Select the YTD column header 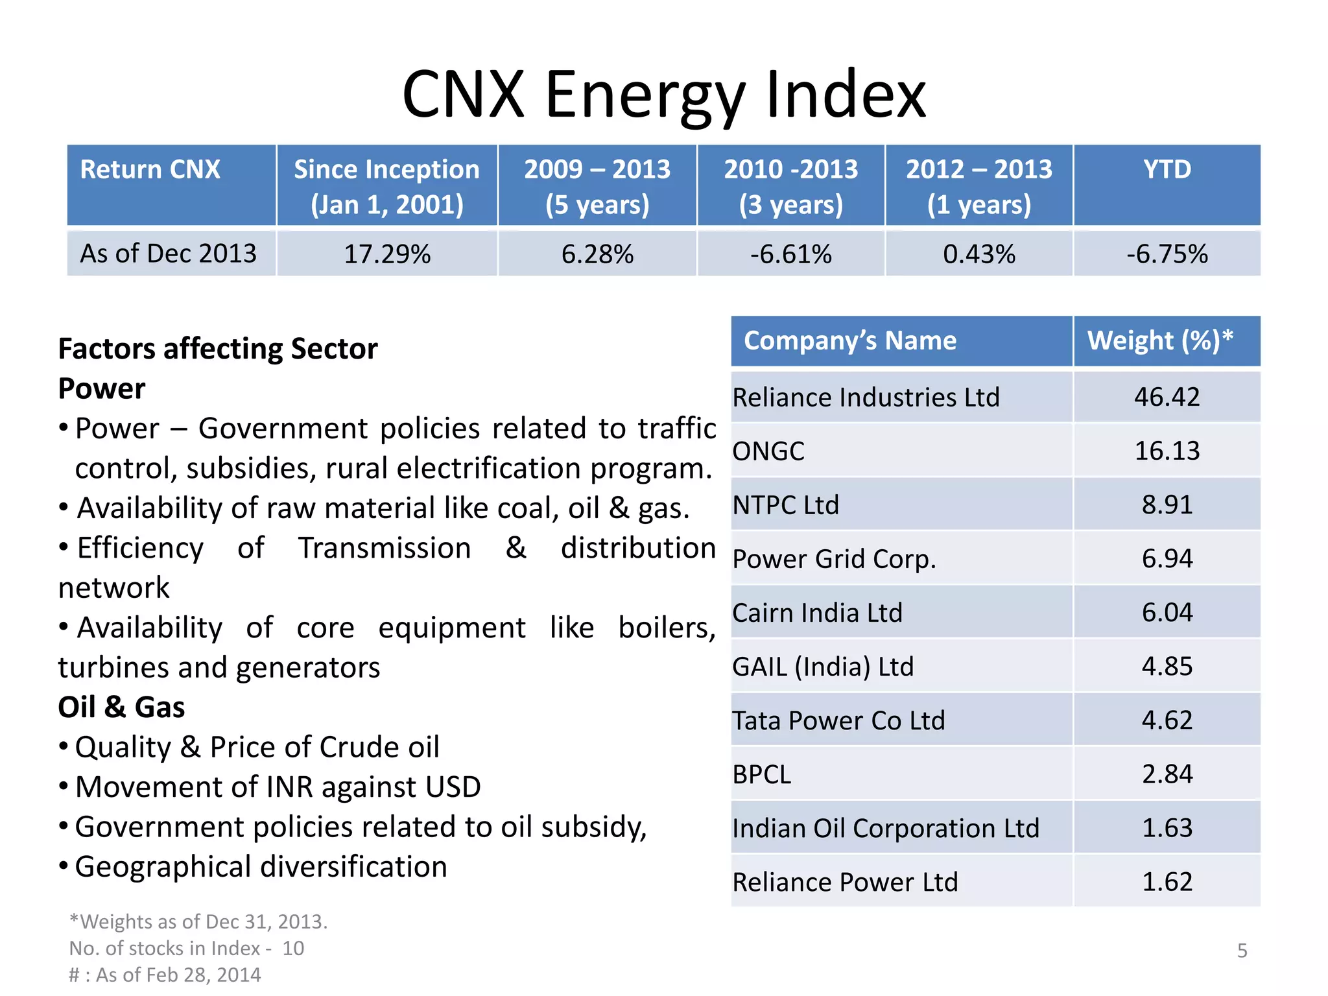tap(1167, 170)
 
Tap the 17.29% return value tap(387, 254)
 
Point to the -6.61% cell tap(790, 254)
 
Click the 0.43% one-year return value tap(978, 254)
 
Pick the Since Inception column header tap(386, 186)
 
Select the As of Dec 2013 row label tap(169, 254)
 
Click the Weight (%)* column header tap(1160, 341)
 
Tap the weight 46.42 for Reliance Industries tap(1167, 397)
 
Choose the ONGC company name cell tap(768, 451)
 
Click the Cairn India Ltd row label tap(817, 613)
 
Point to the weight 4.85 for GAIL tap(1167, 667)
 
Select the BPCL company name tap(762, 774)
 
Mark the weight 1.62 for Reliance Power tap(1167, 882)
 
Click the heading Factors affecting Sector tap(218, 349)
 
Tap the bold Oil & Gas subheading tap(121, 707)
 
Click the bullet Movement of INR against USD tap(278, 787)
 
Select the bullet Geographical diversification tap(261, 867)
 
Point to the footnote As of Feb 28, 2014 tap(165, 975)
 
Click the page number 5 tap(1242, 951)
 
